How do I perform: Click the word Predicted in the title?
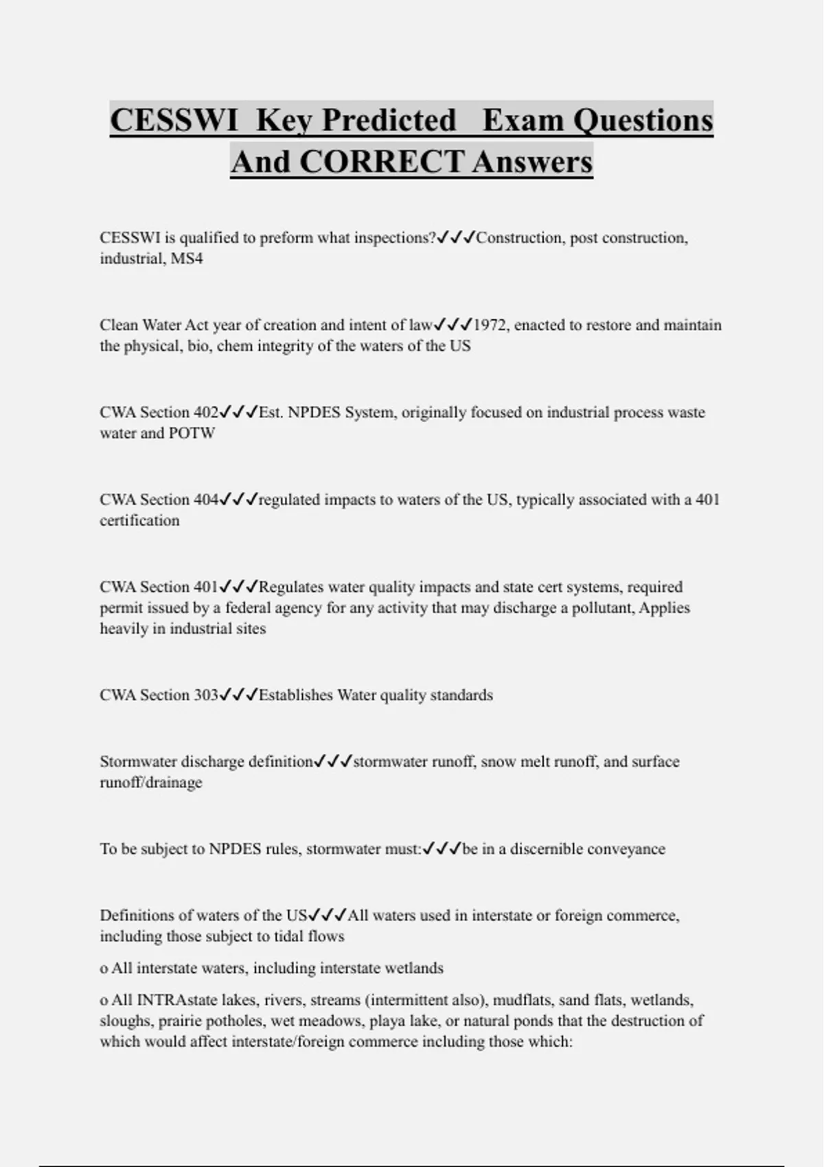(389, 120)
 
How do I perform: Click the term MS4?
(187, 259)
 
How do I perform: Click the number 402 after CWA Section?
(206, 413)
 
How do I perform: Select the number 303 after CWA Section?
(206, 695)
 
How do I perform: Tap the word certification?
(139, 520)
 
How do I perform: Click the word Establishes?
(295, 695)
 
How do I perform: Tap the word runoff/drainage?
(151, 783)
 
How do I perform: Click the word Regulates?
(290, 587)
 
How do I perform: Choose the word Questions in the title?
(643, 120)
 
